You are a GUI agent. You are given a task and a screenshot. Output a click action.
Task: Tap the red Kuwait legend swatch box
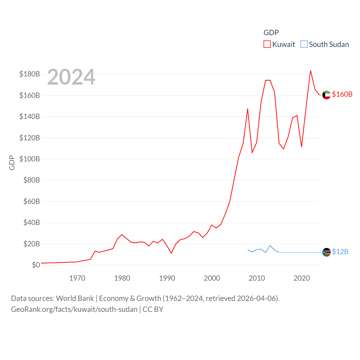[x=267, y=44]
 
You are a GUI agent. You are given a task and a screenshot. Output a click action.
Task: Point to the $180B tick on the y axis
[x=30, y=74]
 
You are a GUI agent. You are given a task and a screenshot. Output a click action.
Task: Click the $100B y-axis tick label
[x=30, y=159]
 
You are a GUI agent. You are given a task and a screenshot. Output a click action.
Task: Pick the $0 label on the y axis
[x=36, y=265]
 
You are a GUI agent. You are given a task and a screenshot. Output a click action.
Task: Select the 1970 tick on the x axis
[x=77, y=278]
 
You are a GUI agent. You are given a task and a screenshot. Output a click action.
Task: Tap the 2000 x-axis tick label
[x=212, y=278]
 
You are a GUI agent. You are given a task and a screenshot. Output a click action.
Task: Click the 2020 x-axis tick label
[x=301, y=278]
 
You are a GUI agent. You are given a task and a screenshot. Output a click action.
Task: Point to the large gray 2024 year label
[x=71, y=77]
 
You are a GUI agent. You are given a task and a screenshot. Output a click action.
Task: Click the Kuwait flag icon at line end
[x=326, y=95]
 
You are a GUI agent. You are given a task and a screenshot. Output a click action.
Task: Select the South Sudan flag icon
[x=326, y=252]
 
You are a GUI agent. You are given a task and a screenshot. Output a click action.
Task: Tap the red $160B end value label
[x=342, y=94]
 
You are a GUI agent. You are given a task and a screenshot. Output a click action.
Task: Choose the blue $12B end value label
[x=340, y=252]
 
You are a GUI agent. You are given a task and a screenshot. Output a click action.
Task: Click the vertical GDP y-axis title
[x=12, y=163]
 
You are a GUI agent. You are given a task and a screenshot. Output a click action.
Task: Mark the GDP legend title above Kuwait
[x=271, y=33]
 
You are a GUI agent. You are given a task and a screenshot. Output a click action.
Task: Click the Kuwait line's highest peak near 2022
[x=310, y=71]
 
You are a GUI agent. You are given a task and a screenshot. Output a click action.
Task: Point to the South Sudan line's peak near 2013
[x=270, y=246]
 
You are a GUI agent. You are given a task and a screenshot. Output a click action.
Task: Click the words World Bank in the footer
[x=75, y=298]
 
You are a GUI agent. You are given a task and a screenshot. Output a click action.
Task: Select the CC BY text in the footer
[x=153, y=309]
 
